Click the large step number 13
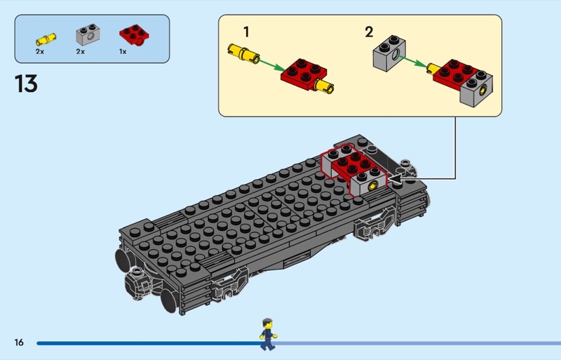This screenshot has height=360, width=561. [x=25, y=84]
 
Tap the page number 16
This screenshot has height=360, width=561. [x=18, y=342]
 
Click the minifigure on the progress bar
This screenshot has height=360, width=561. [x=266, y=334]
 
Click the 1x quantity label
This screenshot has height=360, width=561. [x=123, y=51]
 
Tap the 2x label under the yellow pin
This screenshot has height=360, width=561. [x=40, y=51]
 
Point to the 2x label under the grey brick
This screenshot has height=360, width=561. [x=80, y=51]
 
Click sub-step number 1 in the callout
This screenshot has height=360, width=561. [x=246, y=32]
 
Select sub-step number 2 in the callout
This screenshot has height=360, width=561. [x=369, y=32]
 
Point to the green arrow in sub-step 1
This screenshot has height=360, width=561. [x=269, y=64]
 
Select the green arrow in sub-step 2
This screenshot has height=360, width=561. [x=419, y=65]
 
